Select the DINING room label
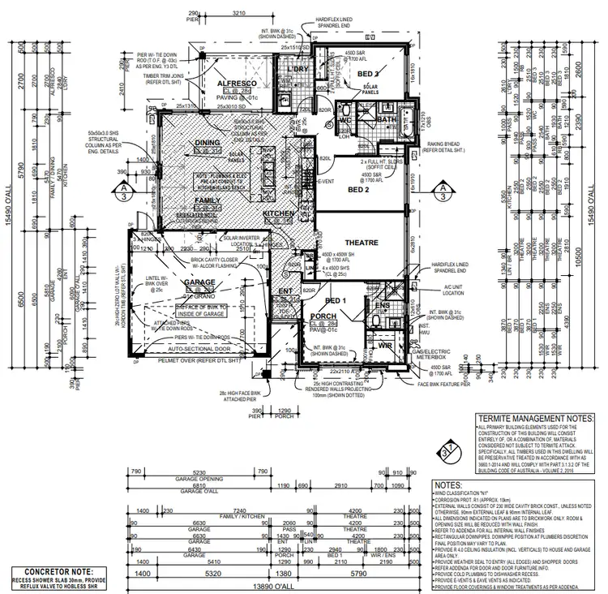208,142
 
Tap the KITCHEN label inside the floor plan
278,213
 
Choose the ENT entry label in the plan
285,290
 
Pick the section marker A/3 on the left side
122,191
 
